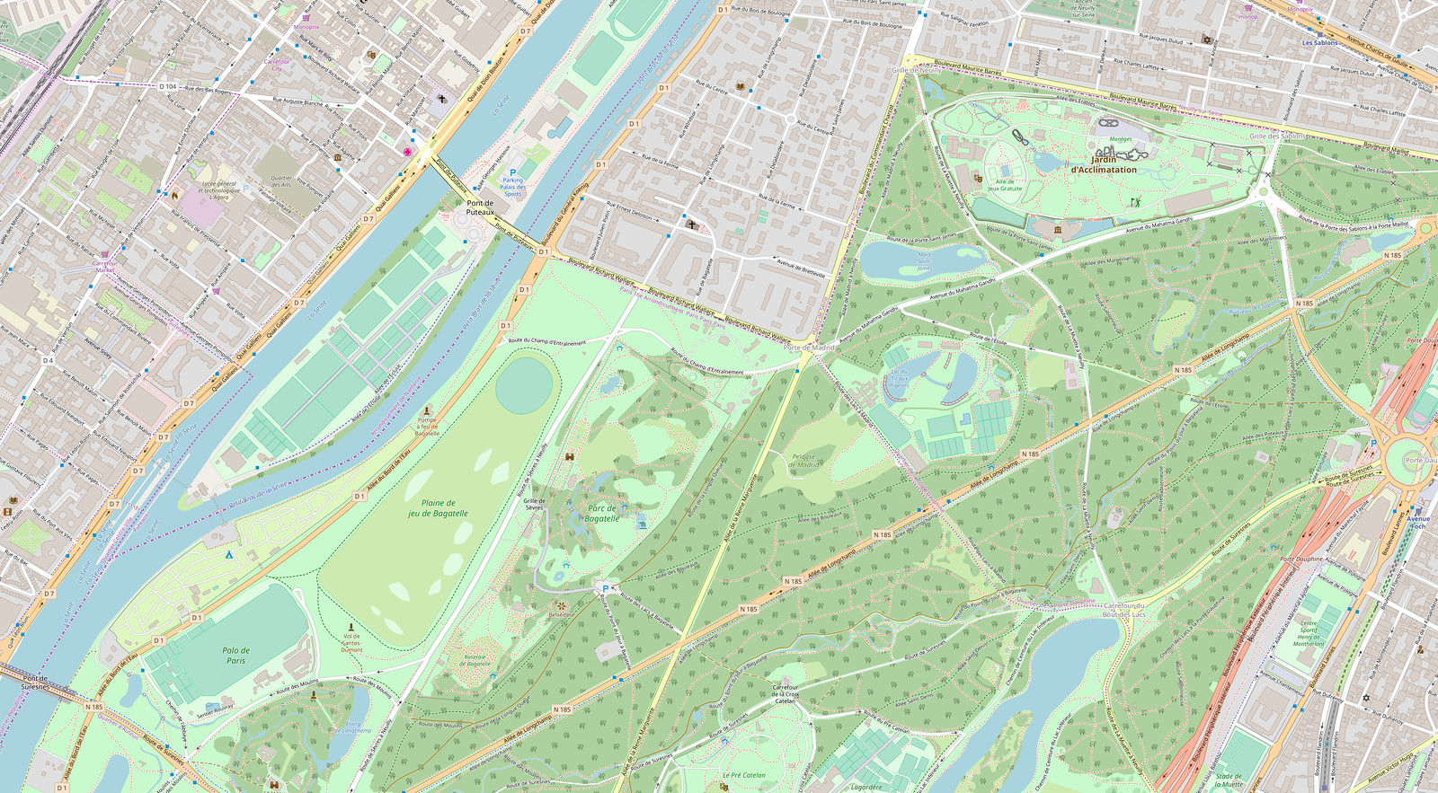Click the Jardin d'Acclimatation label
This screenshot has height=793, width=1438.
[1104, 164]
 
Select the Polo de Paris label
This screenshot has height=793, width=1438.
[236, 656]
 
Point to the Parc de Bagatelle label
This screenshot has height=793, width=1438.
[602, 513]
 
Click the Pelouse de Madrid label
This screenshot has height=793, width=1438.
[805, 460]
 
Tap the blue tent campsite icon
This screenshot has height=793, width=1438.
[228, 555]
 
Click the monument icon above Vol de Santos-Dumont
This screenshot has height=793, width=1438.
[351, 626]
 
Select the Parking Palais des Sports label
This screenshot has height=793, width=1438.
[513, 187]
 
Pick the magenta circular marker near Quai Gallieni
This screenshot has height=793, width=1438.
[407, 153]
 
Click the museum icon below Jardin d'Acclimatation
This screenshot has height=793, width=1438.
[1057, 232]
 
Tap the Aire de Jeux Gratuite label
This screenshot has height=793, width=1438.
[1005, 183]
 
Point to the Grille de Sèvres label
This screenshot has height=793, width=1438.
[535, 505]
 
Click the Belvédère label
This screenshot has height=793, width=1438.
[560, 616]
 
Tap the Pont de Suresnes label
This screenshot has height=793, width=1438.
[36, 683]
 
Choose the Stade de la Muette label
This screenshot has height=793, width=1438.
[1229, 780]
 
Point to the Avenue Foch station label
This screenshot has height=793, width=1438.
[1418, 523]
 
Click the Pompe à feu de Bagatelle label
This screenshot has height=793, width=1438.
[428, 426]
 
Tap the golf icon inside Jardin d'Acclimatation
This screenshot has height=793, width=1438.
[1133, 202]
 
